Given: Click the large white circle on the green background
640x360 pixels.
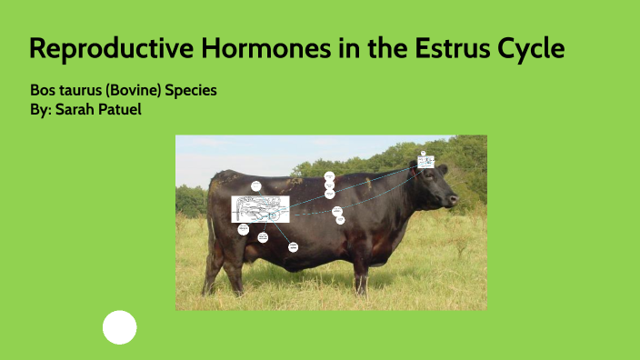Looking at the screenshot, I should pyautogui.click(x=119, y=327).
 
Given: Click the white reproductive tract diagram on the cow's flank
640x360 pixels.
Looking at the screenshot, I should pyautogui.click(x=260, y=209).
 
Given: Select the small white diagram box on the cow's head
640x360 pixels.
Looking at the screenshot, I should pyautogui.click(x=425, y=163).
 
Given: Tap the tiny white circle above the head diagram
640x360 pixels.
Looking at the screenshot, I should pyautogui.click(x=424, y=153).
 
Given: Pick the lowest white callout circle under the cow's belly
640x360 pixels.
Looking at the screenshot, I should pyautogui.click(x=293, y=246).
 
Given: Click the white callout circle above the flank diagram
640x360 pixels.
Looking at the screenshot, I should pyautogui.click(x=256, y=186).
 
